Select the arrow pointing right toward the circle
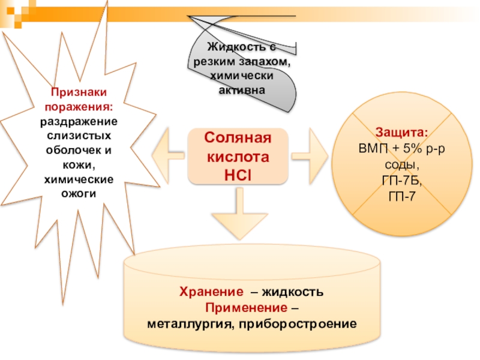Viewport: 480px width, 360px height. click(312, 155)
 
